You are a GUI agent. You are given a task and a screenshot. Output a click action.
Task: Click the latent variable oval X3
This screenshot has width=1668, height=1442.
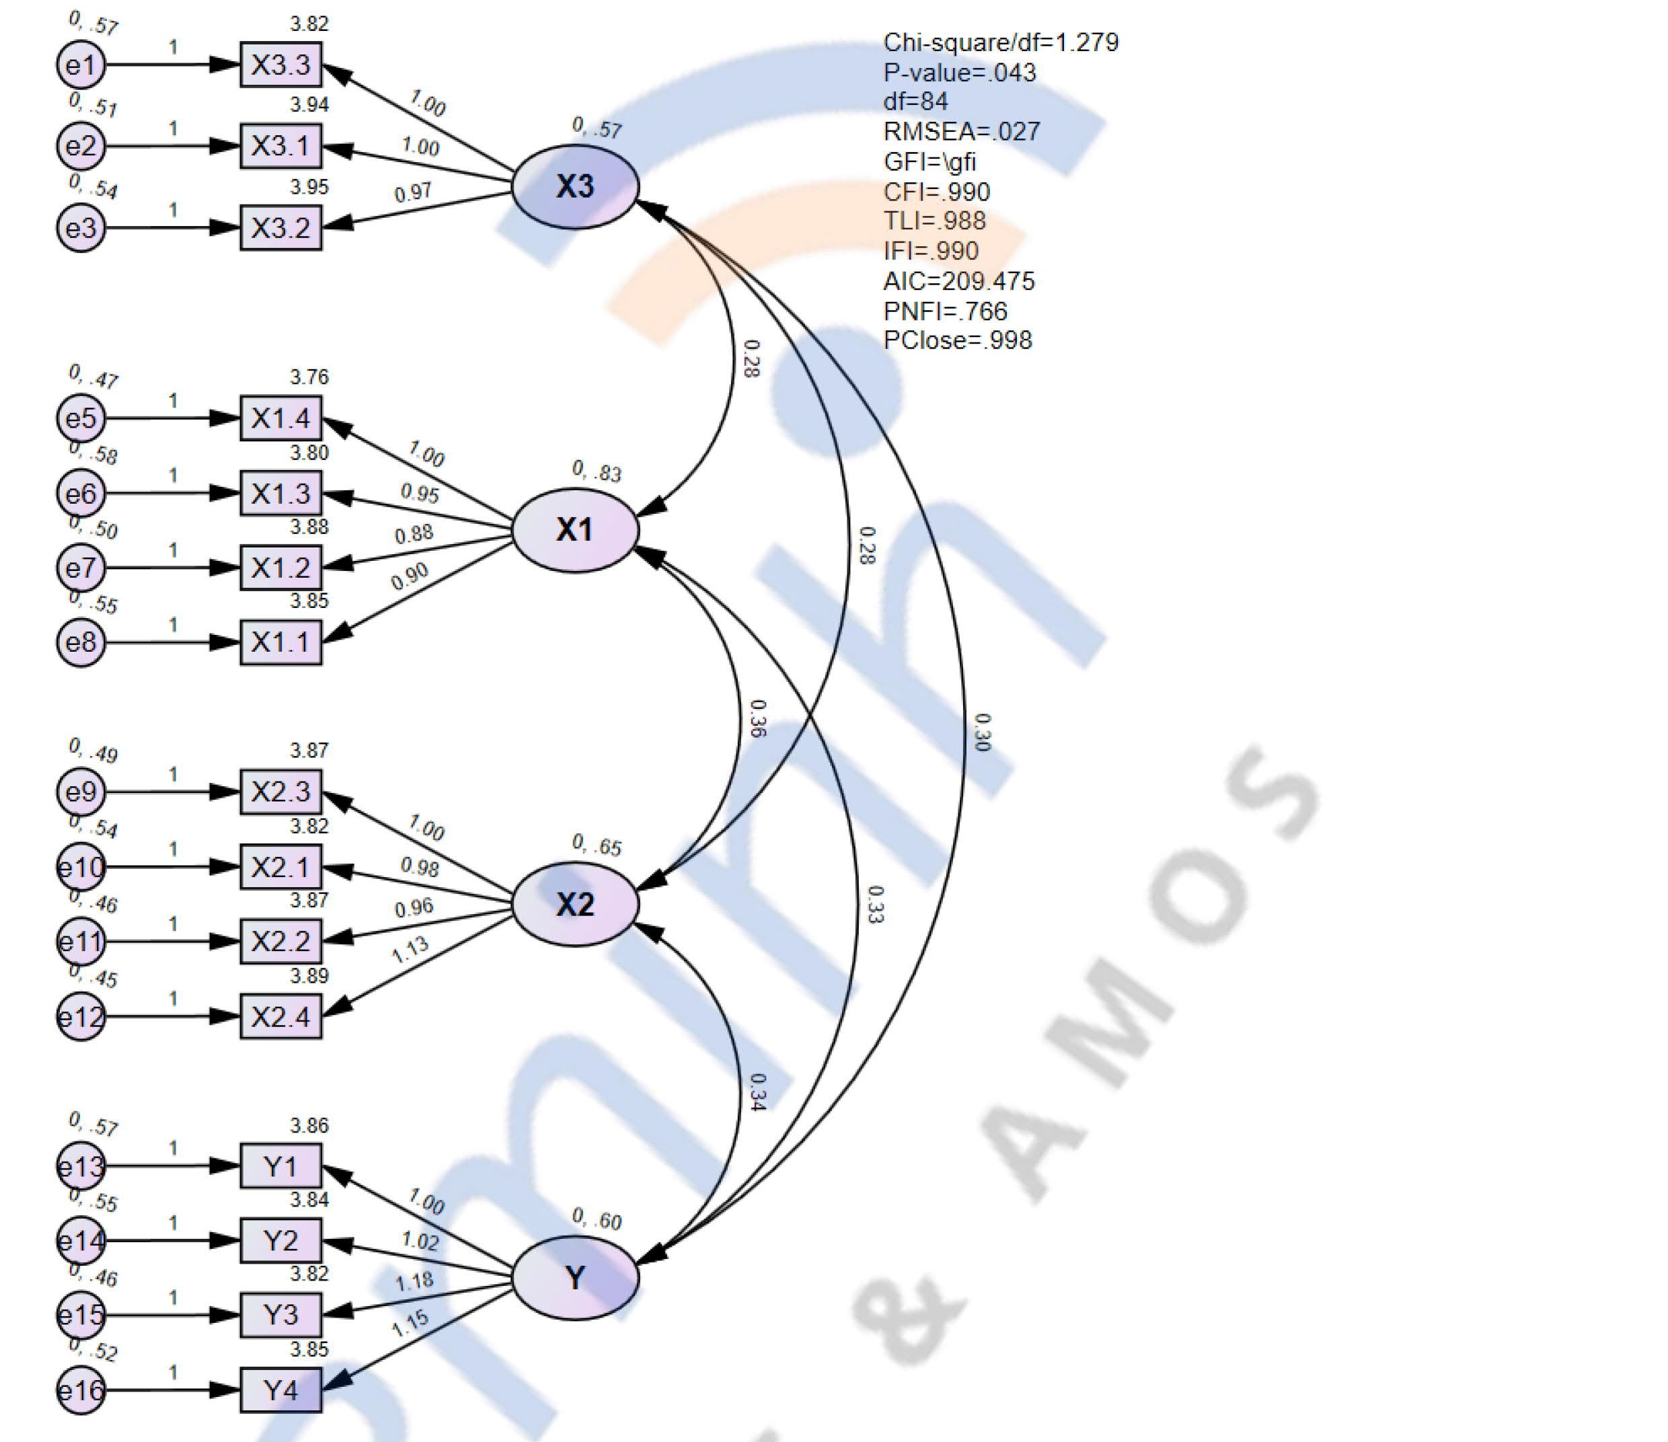575,186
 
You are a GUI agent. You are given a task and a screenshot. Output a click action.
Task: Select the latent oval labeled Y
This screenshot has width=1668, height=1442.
575,1278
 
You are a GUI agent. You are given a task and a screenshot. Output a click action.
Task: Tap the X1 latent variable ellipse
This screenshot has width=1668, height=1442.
575,530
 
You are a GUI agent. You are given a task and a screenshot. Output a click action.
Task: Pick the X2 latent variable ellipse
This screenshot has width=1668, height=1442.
575,904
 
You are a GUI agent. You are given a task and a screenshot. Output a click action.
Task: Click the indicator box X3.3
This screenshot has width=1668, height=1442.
280,65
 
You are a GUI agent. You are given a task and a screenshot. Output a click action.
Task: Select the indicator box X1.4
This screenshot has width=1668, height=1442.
280,418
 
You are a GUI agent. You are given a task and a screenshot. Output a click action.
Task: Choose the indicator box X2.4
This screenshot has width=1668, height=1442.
280,1017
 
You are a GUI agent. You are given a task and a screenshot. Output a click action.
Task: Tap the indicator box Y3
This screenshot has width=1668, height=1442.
280,1315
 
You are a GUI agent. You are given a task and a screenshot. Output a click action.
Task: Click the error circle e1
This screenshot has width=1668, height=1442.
81,65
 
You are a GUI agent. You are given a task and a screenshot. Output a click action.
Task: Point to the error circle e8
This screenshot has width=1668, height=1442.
81,642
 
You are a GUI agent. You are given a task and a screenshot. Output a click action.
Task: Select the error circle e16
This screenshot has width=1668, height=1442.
81,1390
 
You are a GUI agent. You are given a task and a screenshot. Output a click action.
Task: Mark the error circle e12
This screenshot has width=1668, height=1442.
81,1017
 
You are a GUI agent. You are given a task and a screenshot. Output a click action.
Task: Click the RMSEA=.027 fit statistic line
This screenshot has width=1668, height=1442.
961,131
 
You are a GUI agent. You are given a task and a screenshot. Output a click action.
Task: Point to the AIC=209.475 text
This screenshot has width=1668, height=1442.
958,281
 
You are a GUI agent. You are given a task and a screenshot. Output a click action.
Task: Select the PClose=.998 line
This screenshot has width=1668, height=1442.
957,340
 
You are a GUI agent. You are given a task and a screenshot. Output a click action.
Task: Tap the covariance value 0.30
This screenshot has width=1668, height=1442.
982,732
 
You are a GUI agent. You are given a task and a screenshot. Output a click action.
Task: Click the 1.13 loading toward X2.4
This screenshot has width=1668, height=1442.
410,950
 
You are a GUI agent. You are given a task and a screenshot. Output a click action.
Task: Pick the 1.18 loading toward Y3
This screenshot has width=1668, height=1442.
414,1281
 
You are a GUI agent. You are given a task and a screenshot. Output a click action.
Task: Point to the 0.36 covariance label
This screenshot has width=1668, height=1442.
757,718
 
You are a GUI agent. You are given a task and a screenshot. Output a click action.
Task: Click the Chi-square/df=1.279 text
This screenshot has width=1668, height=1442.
1001,42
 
